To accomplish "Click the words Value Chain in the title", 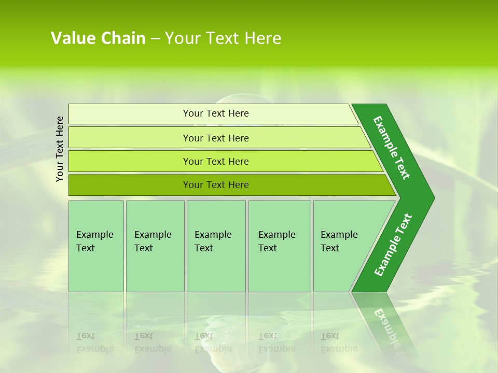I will point(98,38).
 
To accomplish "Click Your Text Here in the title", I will point(223,38).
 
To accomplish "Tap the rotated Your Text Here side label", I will point(60,149).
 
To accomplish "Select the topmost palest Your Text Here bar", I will point(215,113).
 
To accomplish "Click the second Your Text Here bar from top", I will point(215,138).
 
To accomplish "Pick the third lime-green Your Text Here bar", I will point(215,161).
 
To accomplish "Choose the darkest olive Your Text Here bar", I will point(215,185).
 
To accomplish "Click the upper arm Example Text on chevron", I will point(392,148).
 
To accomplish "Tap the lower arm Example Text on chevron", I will point(393,245).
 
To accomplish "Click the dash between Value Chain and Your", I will point(155,38).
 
